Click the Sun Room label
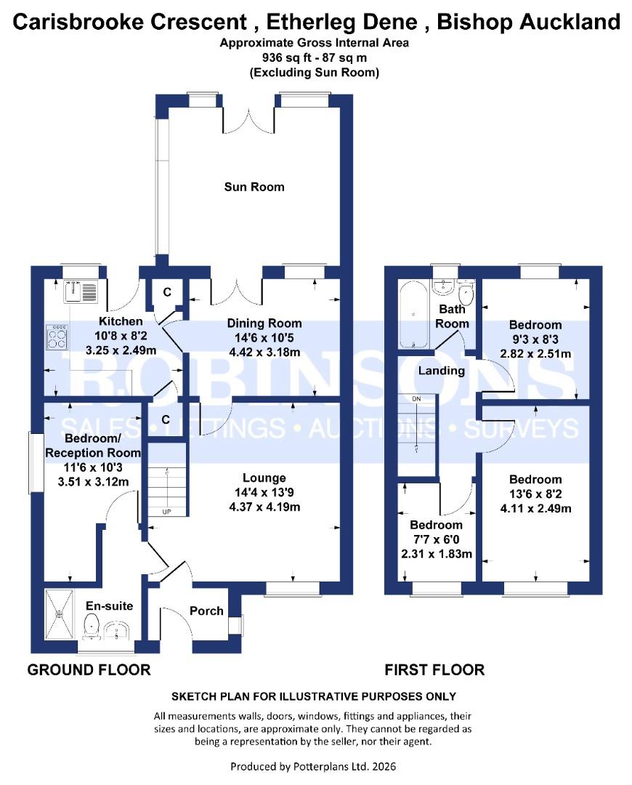[x=254, y=187]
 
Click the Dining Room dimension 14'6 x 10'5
[x=264, y=337]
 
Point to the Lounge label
[x=264, y=478]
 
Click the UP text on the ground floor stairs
[x=166, y=512]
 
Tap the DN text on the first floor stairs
[x=416, y=399]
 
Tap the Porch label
[x=206, y=611]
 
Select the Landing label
[x=441, y=371]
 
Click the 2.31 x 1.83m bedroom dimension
[x=436, y=553]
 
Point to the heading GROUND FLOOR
[x=89, y=669]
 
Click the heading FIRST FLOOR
[x=434, y=669]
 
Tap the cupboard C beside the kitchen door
[x=166, y=292]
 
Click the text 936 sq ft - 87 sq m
[x=315, y=57]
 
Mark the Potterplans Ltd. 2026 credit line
[x=314, y=766]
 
